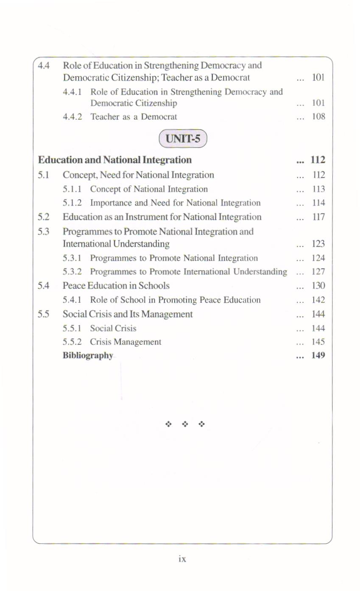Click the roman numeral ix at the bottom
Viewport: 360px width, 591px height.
pyautogui.click(x=181, y=559)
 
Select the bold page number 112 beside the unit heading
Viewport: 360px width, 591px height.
pyautogui.click(x=318, y=160)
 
